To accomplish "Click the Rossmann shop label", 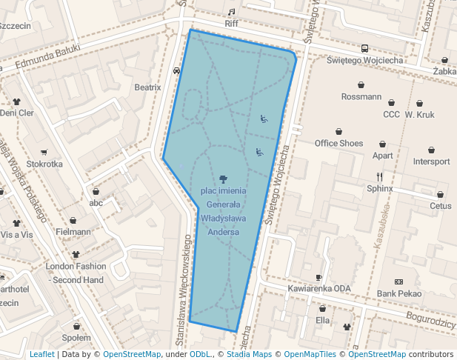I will point(361,97).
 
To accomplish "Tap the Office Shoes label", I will point(338,143).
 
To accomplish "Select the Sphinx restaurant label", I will point(380,188).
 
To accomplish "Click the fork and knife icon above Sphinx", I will point(380,176).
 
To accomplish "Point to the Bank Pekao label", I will point(398,294).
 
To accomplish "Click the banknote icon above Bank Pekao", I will point(398,282).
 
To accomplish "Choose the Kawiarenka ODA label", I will point(321,289).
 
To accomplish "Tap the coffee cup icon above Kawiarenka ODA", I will point(320,277).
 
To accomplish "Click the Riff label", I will point(231,24).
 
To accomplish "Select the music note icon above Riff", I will point(231,12).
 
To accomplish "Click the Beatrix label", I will point(147,87).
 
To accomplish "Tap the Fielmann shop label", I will point(73,232).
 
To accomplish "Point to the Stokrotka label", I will point(44,164).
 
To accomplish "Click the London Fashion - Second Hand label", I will point(75,273).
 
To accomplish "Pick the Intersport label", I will point(431,161).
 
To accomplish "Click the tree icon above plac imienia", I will point(223,179).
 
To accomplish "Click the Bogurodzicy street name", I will point(430,321).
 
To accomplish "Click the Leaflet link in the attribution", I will point(42,355).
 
